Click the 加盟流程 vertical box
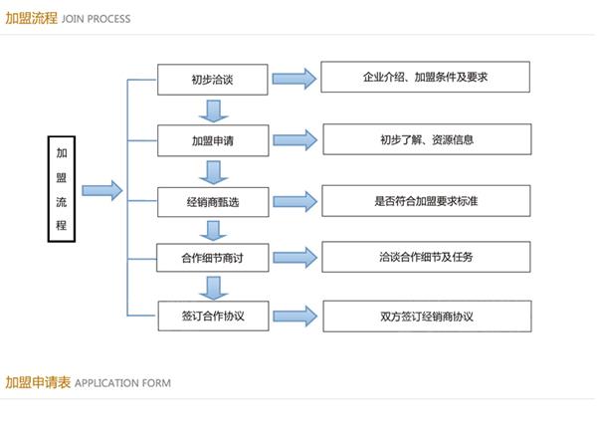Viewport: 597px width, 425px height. tap(62, 190)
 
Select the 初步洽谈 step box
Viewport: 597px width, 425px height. tap(214, 79)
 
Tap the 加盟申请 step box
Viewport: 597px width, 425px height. tap(214, 140)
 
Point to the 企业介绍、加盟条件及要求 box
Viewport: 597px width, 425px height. tap(425, 77)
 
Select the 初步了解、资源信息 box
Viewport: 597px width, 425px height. tap(425, 139)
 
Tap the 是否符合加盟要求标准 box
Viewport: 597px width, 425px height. tap(425, 202)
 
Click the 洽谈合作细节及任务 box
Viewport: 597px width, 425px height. tap(425, 259)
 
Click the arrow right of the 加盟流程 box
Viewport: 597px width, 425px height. tap(101, 190)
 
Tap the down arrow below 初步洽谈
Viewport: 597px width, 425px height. tap(214, 109)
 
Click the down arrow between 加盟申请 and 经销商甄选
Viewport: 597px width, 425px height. tap(214, 171)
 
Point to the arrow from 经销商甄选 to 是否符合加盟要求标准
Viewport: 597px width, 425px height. tap(295, 202)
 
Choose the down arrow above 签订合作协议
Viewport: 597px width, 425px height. tap(214, 288)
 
